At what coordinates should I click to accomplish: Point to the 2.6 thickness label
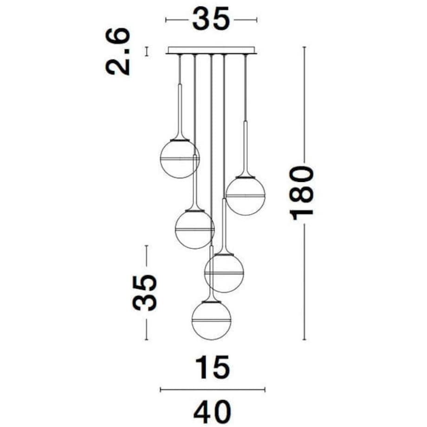pos(117,51)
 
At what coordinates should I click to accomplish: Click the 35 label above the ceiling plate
pos(211,19)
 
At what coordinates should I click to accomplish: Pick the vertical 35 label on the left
pos(145,293)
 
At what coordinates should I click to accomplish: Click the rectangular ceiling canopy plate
pos(211,50)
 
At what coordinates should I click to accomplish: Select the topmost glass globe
pos(180,159)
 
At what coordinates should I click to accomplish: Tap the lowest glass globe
pos(211,321)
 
